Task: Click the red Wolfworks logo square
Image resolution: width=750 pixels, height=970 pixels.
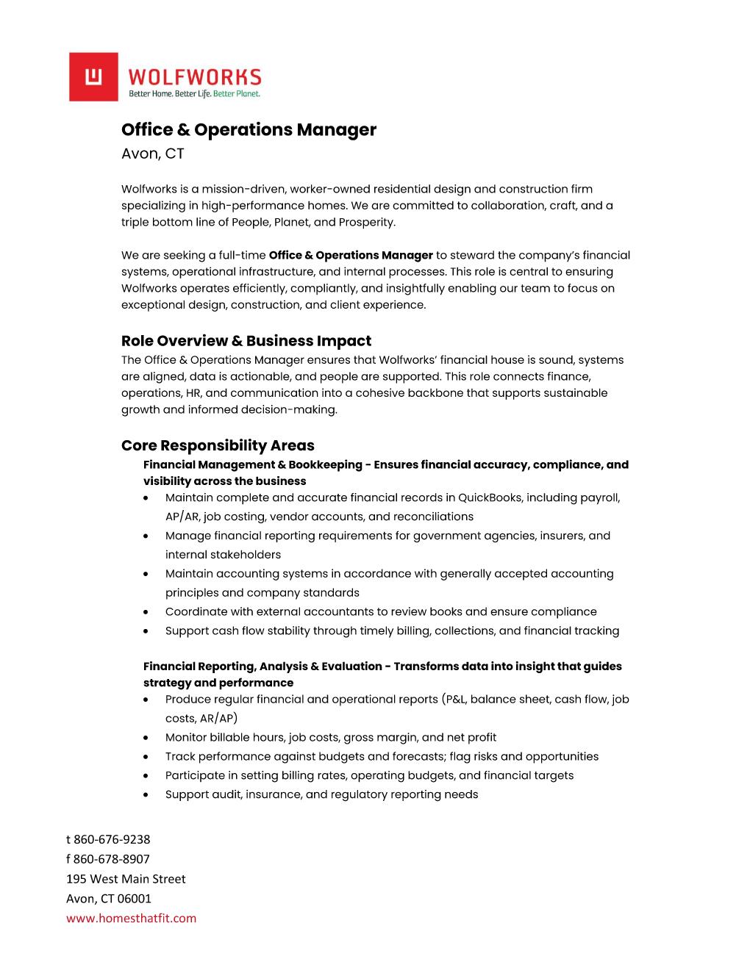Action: (x=93, y=76)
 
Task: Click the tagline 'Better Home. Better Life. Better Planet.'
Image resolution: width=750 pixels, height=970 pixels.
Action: (x=195, y=94)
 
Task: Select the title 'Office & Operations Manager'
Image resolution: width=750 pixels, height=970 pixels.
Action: (x=249, y=130)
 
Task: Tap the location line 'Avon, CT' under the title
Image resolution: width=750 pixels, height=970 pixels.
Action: (x=153, y=154)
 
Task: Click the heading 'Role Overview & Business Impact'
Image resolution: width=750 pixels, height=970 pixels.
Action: (x=246, y=341)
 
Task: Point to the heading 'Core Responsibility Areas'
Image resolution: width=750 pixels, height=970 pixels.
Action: (x=218, y=445)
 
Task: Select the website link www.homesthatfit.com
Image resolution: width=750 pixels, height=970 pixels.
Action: (x=132, y=918)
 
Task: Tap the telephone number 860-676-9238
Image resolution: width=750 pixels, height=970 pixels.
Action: (x=112, y=839)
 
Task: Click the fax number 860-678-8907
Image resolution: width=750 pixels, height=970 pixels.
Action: (x=112, y=859)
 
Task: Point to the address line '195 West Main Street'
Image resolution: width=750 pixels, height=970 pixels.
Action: (x=126, y=879)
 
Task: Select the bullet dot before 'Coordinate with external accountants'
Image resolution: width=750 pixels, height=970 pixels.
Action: (x=148, y=612)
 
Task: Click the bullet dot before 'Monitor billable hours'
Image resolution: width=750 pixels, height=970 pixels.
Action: (x=148, y=738)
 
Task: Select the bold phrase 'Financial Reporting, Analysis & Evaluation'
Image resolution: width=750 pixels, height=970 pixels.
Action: (x=262, y=667)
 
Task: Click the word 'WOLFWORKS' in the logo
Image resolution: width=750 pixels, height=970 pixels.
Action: (x=195, y=76)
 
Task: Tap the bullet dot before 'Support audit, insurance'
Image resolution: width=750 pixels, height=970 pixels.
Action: (x=148, y=795)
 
